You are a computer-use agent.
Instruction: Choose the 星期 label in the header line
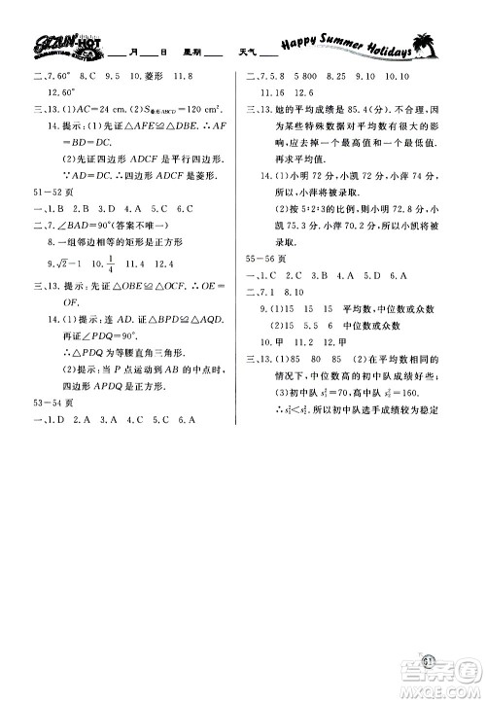tap(182, 54)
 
